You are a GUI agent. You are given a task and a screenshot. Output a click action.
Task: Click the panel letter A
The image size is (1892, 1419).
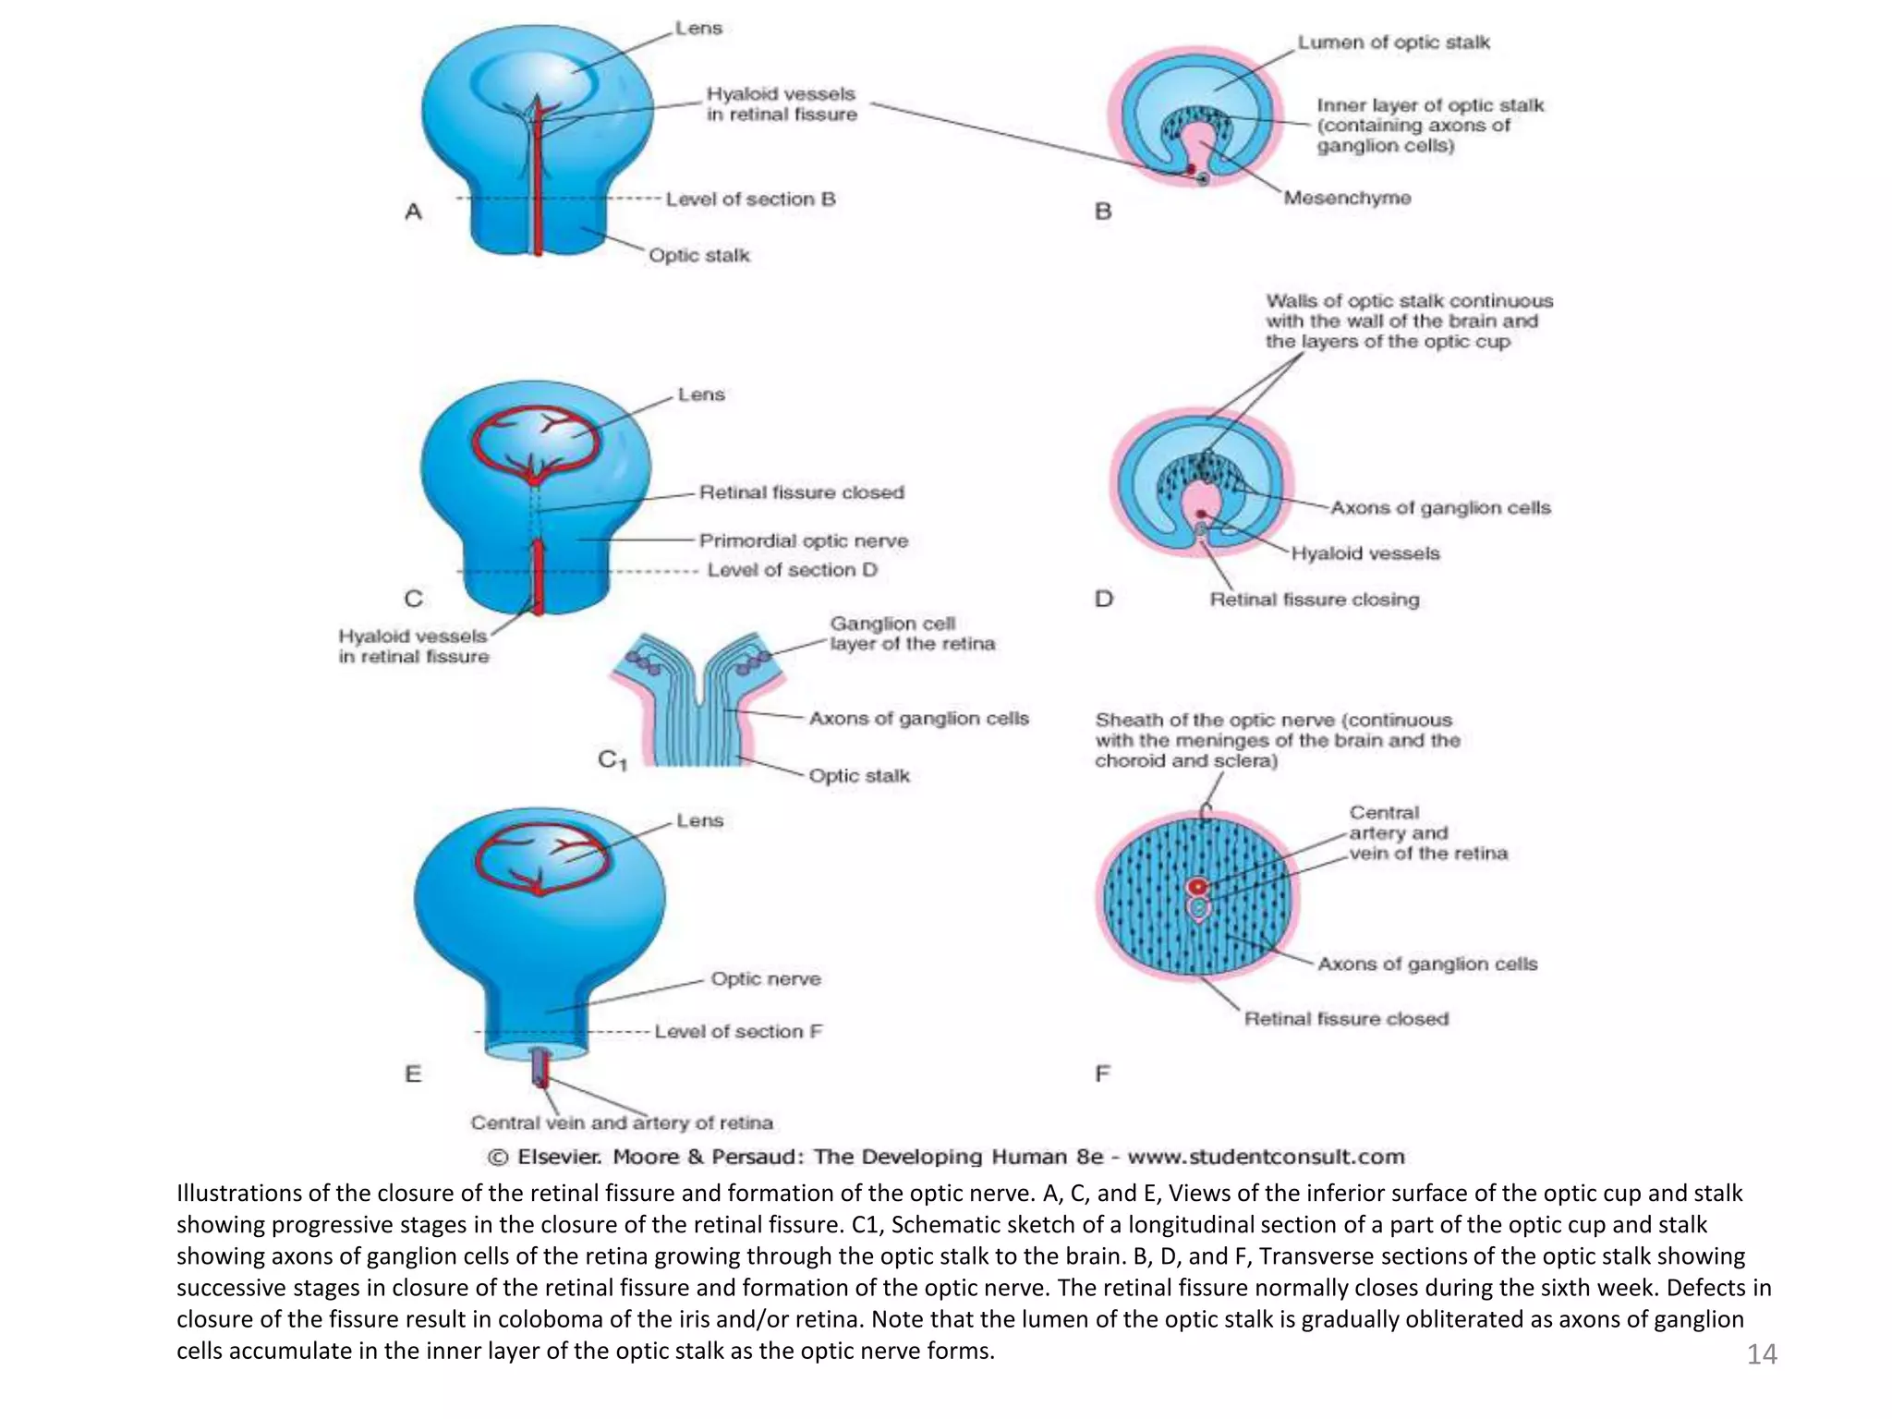(x=413, y=212)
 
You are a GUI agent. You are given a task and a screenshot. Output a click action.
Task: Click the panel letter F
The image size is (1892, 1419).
(x=1102, y=1073)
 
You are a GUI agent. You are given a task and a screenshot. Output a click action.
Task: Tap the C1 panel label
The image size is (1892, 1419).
(x=612, y=760)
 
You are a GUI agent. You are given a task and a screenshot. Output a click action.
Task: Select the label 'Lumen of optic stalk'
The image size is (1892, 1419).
(x=1393, y=42)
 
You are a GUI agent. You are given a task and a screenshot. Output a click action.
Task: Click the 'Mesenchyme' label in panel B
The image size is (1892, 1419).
(x=1347, y=198)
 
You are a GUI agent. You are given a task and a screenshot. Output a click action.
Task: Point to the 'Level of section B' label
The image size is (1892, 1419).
(x=750, y=199)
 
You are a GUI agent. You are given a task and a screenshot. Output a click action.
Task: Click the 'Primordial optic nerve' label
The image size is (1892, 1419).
(x=803, y=540)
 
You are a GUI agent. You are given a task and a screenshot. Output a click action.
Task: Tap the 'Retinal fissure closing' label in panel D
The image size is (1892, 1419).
(x=1314, y=600)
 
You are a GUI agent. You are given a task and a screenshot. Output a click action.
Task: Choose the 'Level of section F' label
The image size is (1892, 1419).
(x=738, y=1031)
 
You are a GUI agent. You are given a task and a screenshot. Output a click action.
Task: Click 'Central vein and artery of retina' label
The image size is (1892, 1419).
(x=622, y=1122)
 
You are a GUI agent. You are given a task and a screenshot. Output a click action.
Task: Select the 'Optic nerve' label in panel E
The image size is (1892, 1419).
(x=765, y=978)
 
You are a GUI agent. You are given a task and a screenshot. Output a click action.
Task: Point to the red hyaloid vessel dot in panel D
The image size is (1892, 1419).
(x=1201, y=514)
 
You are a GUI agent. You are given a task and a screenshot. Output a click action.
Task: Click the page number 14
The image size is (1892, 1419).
(x=1761, y=1354)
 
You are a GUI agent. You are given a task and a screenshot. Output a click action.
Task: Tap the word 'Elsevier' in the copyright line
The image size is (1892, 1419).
(x=559, y=1157)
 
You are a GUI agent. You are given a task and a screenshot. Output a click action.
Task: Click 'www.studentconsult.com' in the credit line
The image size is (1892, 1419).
(x=1266, y=1157)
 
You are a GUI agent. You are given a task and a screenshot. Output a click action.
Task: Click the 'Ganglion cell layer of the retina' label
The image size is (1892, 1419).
(x=912, y=634)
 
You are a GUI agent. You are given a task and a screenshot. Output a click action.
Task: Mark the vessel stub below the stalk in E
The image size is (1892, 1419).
(x=540, y=1068)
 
